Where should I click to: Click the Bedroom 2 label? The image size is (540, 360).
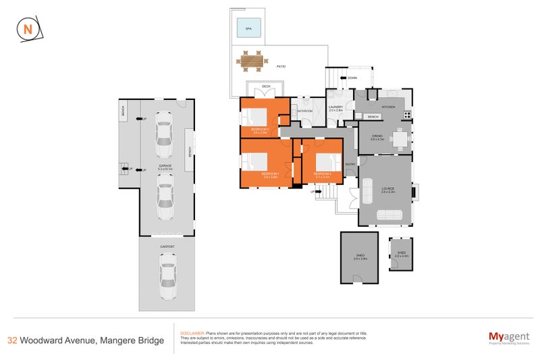[x=322, y=174]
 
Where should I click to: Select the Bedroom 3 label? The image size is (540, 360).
[x=261, y=128]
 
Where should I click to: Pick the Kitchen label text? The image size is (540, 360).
[x=388, y=107]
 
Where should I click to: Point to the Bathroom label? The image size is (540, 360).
[x=305, y=111]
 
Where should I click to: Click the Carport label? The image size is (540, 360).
[x=167, y=247]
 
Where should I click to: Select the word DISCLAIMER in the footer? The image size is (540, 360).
[x=190, y=334]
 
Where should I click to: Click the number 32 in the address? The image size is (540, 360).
[x=11, y=340]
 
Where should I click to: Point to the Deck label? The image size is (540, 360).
[x=265, y=86]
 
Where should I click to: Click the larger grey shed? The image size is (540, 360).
[x=358, y=257]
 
